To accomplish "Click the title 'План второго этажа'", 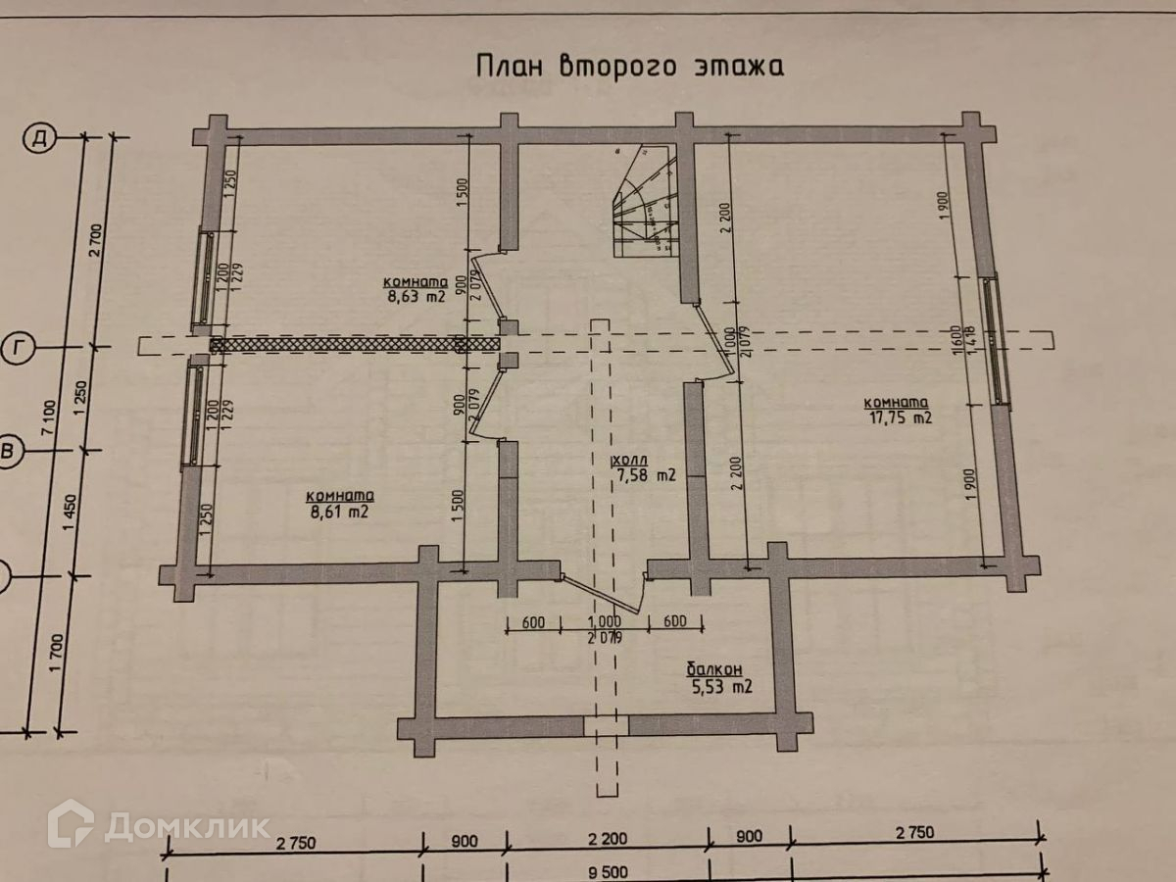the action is pos(629,67).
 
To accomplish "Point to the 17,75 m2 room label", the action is pos(896,411).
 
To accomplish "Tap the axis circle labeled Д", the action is pos(40,139).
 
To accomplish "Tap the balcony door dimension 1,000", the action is pos(604,621).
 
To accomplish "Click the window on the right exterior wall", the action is pos(997,338).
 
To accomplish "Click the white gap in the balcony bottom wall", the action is pos(606,724).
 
